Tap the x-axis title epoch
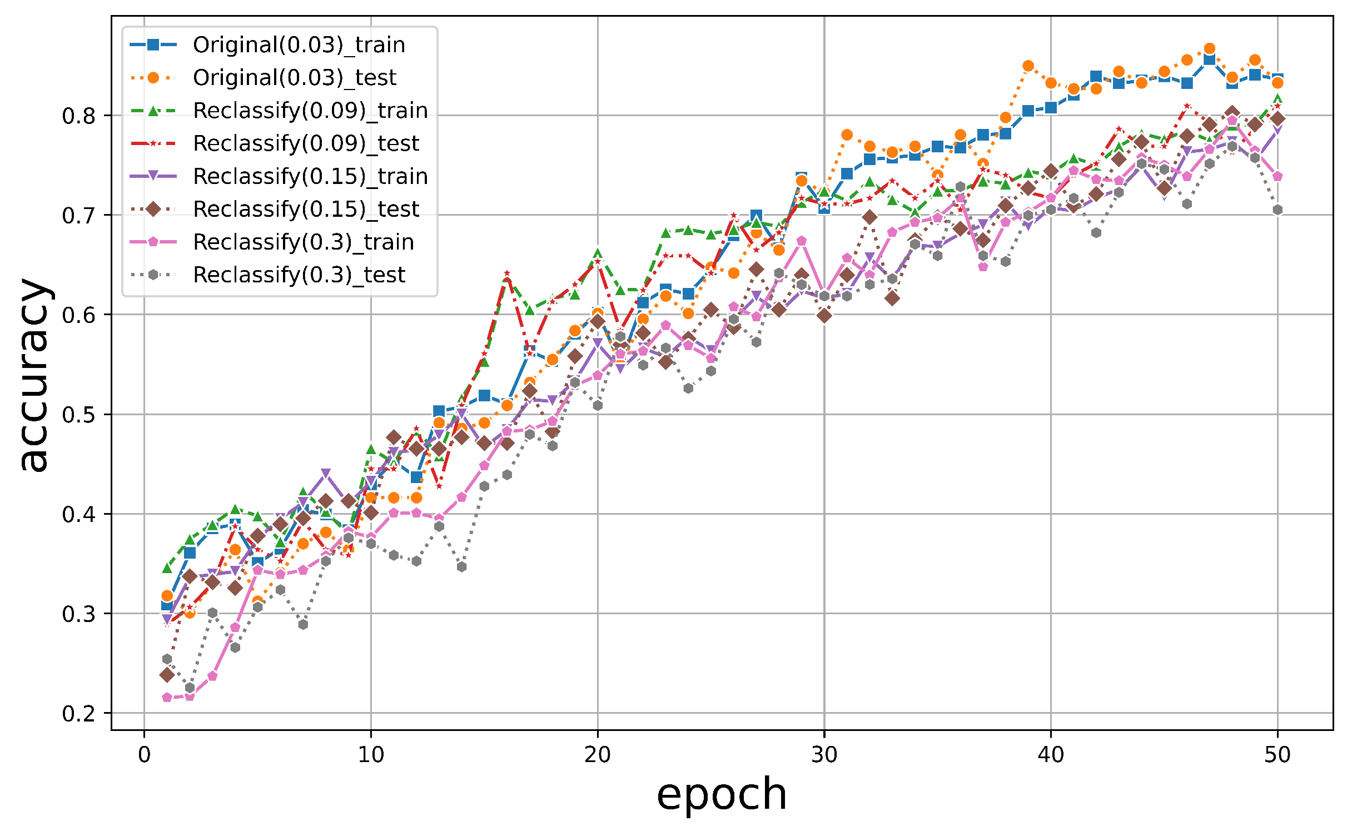tap(721, 794)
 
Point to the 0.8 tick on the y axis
tap(78, 116)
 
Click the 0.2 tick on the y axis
tap(78, 714)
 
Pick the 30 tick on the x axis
tap(824, 754)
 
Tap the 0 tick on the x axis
tap(145, 754)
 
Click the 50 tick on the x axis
tap(1277, 754)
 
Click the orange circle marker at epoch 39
tap(1028, 66)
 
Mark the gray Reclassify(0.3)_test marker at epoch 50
tap(1278, 210)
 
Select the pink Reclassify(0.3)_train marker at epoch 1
tap(167, 698)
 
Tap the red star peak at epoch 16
tap(506, 273)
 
